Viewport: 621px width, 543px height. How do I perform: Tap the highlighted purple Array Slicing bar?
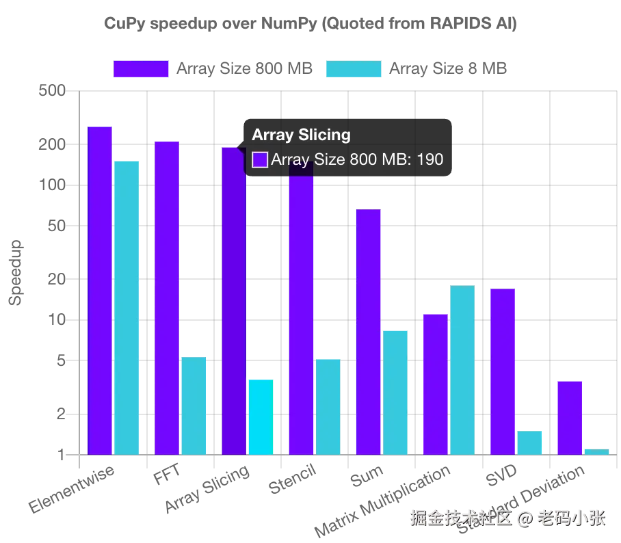coord(233,301)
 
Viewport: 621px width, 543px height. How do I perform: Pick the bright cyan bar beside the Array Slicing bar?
coord(260,416)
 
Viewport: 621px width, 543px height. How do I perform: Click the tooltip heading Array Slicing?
coord(301,135)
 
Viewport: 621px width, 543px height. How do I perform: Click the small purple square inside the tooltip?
coord(260,160)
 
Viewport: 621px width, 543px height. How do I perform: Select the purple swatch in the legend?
coord(141,70)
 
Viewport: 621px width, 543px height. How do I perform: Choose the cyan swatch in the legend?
coord(353,70)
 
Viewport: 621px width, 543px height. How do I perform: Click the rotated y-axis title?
coord(14,270)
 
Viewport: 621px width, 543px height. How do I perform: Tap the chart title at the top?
coord(311,25)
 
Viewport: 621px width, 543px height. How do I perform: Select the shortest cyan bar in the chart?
coord(598,451)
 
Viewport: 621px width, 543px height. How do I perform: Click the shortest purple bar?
coord(568,416)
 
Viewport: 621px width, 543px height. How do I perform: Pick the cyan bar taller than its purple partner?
coord(462,369)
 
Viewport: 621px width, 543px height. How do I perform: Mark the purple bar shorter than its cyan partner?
coord(435,383)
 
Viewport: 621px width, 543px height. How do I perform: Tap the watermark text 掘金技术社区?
coord(460,518)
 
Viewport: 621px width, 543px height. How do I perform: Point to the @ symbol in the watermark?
coord(523,518)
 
